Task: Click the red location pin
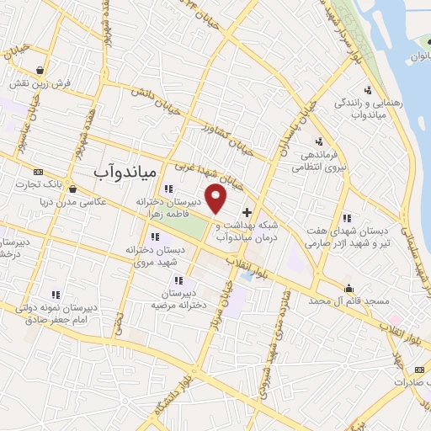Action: (x=216, y=199)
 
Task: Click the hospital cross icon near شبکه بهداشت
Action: (x=247, y=211)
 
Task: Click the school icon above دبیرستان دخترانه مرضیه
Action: (x=178, y=280)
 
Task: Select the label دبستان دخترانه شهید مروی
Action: (x=140, y=256)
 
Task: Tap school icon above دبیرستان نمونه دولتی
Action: (x=56, y=295)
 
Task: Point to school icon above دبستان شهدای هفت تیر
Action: (x=346, y=218)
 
